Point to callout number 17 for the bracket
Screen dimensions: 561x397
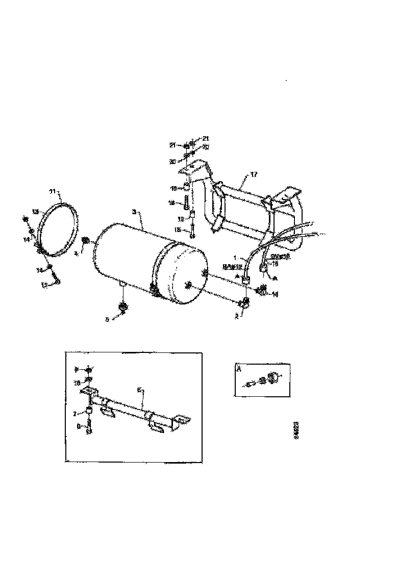coord(254,175)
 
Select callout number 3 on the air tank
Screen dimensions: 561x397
coord(134,211)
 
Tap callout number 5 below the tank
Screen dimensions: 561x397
coord(108,320)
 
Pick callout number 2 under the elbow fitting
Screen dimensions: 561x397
coord(236,316)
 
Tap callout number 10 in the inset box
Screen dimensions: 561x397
coord(77,381)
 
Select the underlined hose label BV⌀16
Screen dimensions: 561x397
coord(281,257)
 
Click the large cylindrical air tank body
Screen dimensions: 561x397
coord(138,260)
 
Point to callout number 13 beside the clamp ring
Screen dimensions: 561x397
coord(35,211)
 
